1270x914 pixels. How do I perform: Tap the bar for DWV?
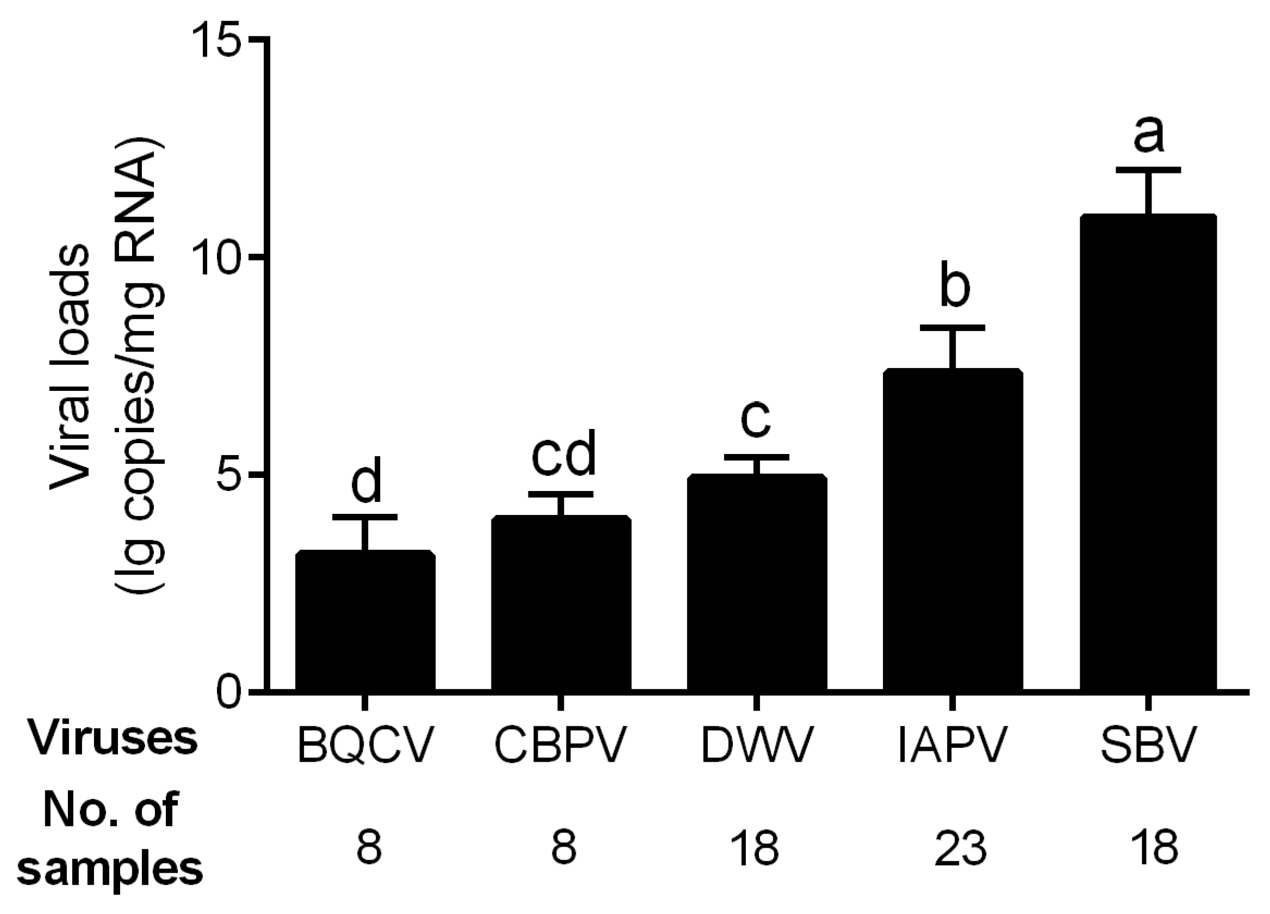(x=757, y=582)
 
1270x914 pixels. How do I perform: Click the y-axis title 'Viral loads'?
(x=70, y=367)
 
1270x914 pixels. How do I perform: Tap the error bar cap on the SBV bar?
(x=1148, y=170)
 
